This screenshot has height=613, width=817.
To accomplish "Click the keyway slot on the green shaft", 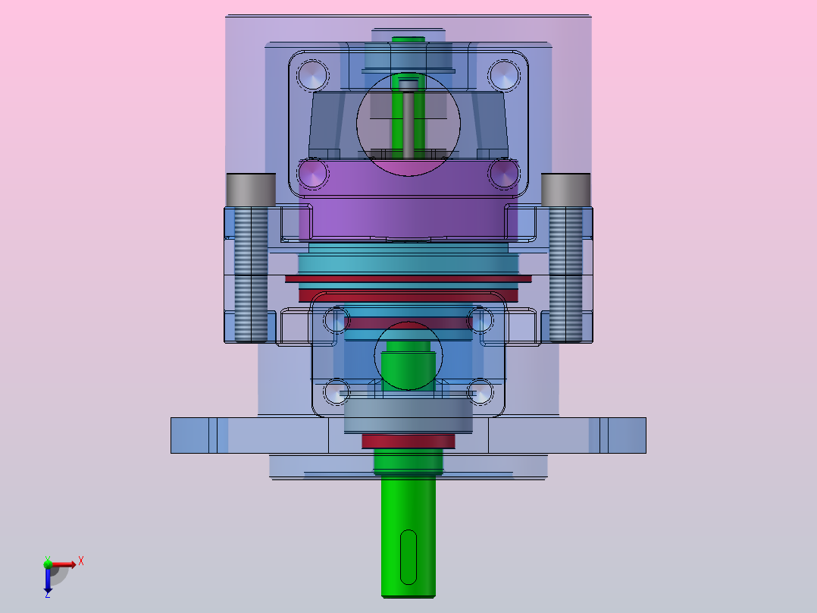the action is (409, 557).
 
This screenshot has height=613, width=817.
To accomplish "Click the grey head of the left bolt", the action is (251, 190).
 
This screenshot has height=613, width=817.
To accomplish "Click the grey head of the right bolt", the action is (566, 190).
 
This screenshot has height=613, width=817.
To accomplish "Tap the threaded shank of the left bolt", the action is (251, 275).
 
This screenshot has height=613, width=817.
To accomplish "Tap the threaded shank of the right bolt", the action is (566, 275).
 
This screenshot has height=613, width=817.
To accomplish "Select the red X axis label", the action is (81, 561).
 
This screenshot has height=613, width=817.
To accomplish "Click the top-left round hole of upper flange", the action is (312, 75).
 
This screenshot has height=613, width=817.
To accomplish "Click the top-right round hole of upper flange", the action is (504, 75).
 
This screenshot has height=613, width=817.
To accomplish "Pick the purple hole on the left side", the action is (312, 173).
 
